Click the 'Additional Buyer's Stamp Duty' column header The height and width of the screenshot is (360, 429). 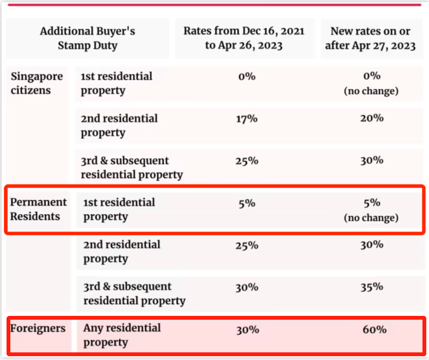tap(87, 38)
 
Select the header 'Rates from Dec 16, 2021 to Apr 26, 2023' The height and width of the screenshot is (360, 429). tap(243, 38)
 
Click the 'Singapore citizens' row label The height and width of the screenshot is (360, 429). tap(37, 83)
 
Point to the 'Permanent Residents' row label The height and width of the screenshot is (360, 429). tap(38, 209)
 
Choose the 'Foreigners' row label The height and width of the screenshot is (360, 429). tap(38, 328)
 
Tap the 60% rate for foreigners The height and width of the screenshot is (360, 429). tap(375, 330)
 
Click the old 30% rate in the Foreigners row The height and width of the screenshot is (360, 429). tap(248, 330)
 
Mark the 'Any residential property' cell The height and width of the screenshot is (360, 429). tap(122, 335)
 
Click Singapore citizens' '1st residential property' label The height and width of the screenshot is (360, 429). tap(117, 83)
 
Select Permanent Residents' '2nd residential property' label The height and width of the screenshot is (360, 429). tap(121, 251)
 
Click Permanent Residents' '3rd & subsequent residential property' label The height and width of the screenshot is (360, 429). tap(134, 293)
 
